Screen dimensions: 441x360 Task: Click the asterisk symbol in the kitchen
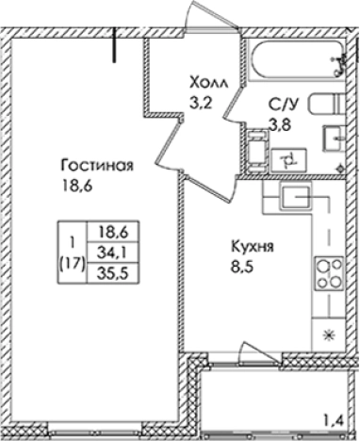[x=328, y=335]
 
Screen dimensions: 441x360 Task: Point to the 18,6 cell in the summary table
[x=110, y=230]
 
